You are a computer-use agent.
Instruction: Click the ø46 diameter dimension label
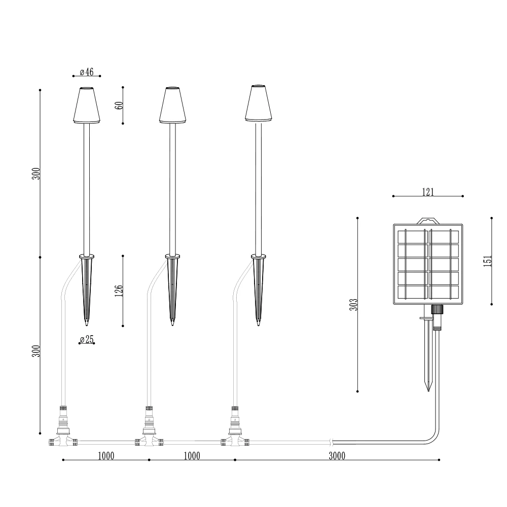[x=87, y=72]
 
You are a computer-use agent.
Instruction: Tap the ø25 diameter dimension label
[x=87, y=339]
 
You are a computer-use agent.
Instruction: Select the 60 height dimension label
[x=119, y=105]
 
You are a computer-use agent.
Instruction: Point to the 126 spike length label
[x=119, y=291]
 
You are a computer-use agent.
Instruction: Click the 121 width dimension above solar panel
[x=428, y=192]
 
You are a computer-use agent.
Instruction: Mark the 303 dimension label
[x=354, y=305]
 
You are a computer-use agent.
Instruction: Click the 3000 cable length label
[x=337, y=456]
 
